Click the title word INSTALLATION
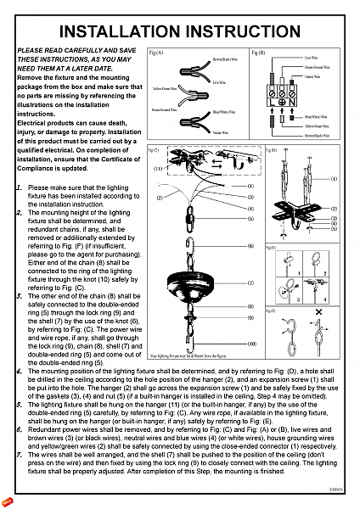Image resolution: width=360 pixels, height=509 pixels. coord(127,32)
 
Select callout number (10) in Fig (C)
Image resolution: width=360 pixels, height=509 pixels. coord(251,343)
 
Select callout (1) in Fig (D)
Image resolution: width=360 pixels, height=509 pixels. coord(334,179)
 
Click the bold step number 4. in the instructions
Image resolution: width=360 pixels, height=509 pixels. coord(20,372)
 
